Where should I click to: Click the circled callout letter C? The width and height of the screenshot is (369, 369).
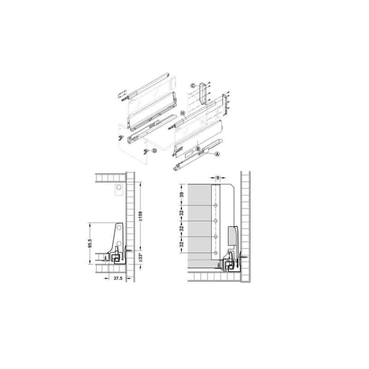point(193,86)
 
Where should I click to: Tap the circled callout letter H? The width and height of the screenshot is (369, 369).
point(182,113)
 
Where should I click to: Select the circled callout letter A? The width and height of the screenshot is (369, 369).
point(217,154)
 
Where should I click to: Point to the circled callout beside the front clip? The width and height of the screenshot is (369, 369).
point(154,150)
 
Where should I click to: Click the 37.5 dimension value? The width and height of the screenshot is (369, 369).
point(118,279)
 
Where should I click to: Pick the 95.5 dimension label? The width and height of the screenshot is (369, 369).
point(89,244)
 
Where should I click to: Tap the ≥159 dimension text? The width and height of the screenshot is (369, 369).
point(141,216)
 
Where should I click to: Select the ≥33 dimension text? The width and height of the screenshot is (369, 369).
point(141,258)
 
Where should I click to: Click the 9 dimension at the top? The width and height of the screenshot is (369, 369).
point(218,178)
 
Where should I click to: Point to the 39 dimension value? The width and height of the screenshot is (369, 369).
point(181,195)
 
